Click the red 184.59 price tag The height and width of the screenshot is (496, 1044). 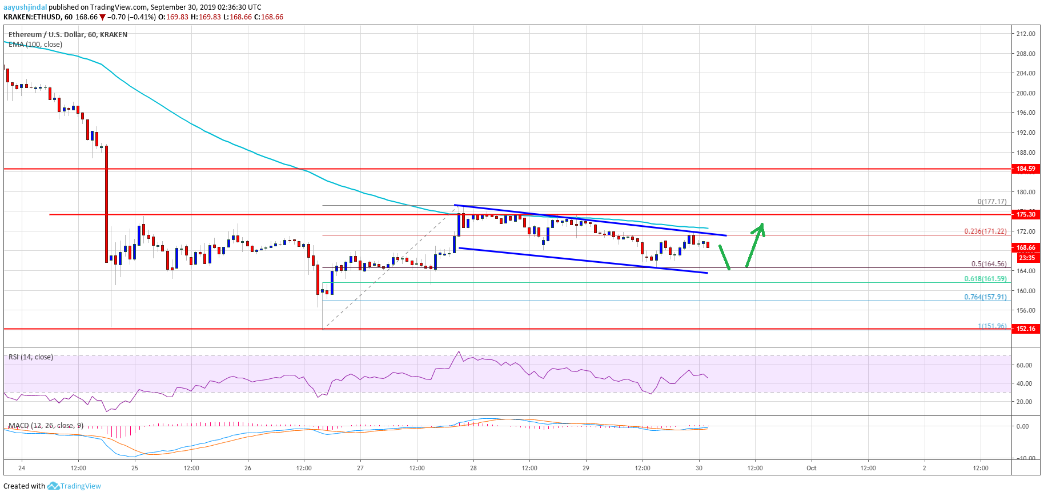coord(1026,169)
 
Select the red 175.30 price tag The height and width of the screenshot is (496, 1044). coord(1026,214)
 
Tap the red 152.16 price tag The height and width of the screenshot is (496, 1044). coord(1026,329)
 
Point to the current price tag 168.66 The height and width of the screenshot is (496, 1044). coord(1026,248)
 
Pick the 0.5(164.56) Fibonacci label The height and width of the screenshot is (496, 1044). coord(989,264)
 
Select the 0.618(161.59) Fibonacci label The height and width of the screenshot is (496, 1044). coord(985,279)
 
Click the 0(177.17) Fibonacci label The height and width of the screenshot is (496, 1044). coord(991,202)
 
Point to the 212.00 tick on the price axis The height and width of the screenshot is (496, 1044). coord(1026,34)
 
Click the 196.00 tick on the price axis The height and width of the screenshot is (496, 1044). coord(1026,113)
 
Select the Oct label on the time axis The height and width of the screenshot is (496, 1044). coord(811,468)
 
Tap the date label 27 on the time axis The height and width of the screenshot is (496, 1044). coord(360,468)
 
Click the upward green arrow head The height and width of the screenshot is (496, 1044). coord(761,227)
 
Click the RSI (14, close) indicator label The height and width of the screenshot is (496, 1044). coord(31,357)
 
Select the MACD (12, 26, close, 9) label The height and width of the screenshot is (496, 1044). coord(46,426)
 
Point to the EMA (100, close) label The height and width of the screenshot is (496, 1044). coord(35,45)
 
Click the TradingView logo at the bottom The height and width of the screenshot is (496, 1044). coord(74,486)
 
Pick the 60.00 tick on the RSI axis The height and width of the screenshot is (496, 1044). coord(1024,365)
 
